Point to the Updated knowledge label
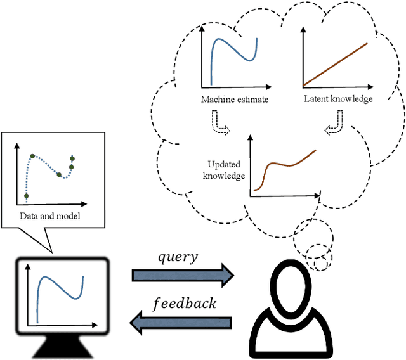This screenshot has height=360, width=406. click(223, 170)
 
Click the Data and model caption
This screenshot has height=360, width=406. click(45, 216)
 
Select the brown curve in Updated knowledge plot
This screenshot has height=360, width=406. click(285, 165)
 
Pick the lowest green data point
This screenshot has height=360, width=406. click(26, 196)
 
